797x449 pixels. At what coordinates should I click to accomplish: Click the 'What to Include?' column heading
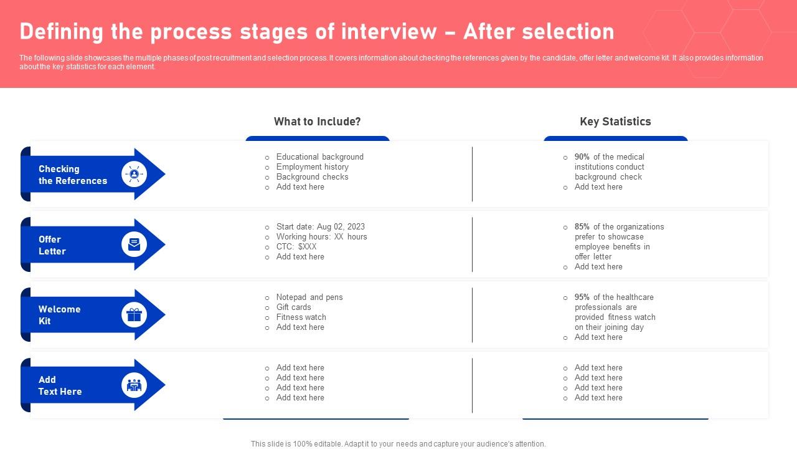[317, 122]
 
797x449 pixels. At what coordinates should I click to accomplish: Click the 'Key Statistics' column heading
[615, 122]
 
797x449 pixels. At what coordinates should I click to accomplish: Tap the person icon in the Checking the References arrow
[134, 174]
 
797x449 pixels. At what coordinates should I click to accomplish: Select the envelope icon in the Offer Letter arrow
[134, 244]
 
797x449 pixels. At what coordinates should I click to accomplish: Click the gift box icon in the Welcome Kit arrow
[134, 315]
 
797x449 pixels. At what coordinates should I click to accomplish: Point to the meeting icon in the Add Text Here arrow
[134, 385]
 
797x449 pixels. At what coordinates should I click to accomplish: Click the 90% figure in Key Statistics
[582, 157]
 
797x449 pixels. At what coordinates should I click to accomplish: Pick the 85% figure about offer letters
[582, 227]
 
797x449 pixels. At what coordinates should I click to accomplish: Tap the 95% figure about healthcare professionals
[582, 297]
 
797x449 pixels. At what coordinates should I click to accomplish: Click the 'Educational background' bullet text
[319, 157]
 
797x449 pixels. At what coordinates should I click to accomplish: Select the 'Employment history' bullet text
[312, 167]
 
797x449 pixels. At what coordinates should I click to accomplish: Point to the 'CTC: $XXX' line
[296, 247]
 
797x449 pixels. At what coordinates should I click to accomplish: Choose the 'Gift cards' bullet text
[293, 307]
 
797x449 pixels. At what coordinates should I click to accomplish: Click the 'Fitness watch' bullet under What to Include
[301, 317]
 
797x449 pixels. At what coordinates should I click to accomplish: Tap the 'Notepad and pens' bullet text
[309, 297]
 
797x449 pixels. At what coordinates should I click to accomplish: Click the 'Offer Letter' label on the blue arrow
[52, 245]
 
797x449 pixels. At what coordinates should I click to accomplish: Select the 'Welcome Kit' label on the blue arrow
[59, 315]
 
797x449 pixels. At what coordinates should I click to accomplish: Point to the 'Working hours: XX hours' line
[321, 237]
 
